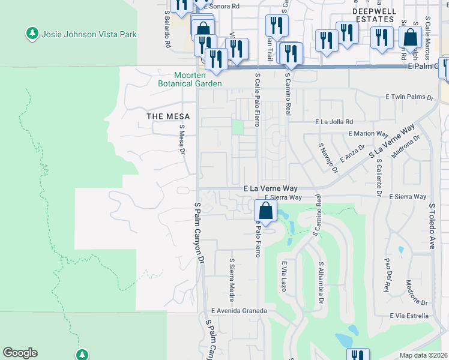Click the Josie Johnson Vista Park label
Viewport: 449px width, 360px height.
point(89,34)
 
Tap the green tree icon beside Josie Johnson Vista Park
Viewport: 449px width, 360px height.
point(32,33)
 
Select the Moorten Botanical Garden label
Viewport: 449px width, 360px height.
point(190,79)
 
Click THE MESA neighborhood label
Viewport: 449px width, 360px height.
point(168,116)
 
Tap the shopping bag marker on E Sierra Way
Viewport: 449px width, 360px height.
point(265,211)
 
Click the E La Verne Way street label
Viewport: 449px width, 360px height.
point(271,188)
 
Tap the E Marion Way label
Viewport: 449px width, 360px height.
point(368,134)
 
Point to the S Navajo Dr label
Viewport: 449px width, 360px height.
point(328,158)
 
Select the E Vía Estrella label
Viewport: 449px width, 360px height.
point(409,316)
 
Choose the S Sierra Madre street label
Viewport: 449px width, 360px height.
point(231,280)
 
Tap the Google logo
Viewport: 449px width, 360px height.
point(20,353)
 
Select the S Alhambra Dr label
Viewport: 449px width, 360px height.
point(322,282)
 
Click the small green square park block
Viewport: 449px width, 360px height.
point(238,127)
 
